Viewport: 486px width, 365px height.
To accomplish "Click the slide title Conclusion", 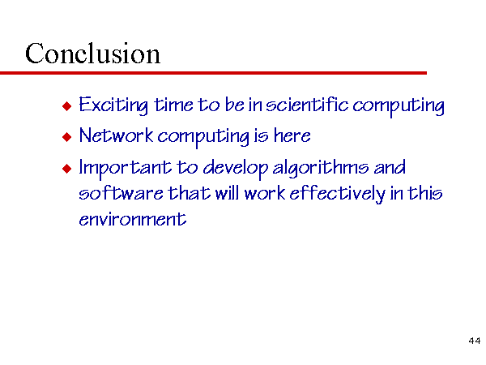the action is tap(92, 54).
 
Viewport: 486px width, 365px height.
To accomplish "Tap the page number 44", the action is tap(475, 341).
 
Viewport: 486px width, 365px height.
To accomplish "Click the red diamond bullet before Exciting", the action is tap(66, 105).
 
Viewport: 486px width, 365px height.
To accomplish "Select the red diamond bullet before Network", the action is tap(66, 136).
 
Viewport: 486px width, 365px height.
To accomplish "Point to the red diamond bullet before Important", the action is tap(66, 169).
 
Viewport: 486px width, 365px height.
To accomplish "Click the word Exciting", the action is tap(113, 105).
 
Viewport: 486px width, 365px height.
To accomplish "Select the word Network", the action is tap(116, 135).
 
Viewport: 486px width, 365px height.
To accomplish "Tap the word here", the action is tap(292, 135).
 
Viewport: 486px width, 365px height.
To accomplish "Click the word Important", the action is tap(126, 169).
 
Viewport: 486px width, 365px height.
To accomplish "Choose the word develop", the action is tap(236, 169).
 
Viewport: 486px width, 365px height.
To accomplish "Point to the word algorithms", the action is tap(321, 169).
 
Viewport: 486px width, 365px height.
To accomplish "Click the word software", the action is tap(121, 192).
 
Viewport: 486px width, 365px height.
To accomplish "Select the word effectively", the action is tap(337, 194).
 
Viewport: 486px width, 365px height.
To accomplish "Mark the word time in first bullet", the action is tap(173, 105).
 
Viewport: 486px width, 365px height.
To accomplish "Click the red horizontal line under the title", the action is tap(213, 73).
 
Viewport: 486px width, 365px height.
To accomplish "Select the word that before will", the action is tap(189, 192).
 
